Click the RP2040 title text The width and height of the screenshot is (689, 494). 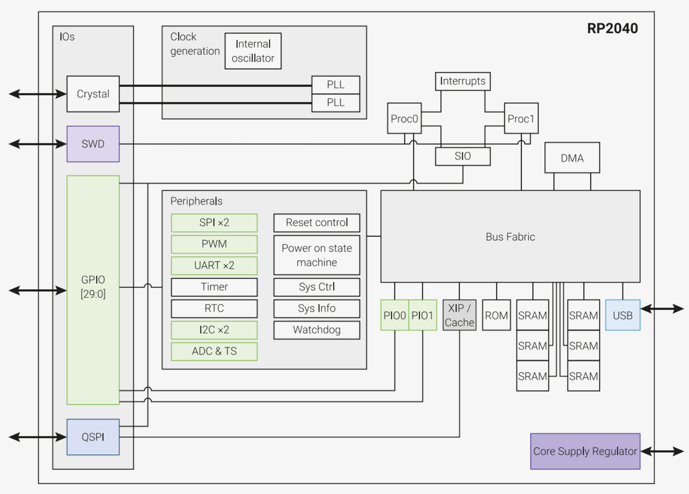click(612, 28)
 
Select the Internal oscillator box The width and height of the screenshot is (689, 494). click(253, 51)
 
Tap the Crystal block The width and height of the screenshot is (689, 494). click(93, 94)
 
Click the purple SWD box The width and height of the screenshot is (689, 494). click(93, 144)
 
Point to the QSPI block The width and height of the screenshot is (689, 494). click(93, 437)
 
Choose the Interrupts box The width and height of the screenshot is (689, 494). click(463, 81)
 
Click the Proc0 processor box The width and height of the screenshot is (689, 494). click(404, 119)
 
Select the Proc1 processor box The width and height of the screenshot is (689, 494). click(521, 119)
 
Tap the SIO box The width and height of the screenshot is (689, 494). click(463, 156)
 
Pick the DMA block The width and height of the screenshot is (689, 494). click(572, 158)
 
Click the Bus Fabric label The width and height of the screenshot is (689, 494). click(510, 237)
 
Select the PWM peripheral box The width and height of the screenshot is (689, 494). click(214, 244)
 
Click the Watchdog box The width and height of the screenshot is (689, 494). click(317, 330)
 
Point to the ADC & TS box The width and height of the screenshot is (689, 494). click(214, 351)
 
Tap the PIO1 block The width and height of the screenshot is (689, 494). click(422, 315)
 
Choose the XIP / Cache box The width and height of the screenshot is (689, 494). click(459, 315)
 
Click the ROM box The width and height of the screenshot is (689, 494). click(496, 315)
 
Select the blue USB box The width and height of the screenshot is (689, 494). click(623, 315)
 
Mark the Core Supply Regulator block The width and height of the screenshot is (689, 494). click(585, 451)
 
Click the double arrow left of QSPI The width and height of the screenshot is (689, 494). click(38, 437)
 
